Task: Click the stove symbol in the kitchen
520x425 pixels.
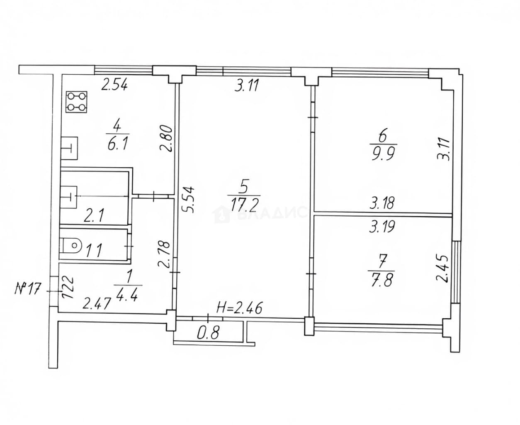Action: pos(76,102)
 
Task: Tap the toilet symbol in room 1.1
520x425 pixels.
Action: pos(70,246)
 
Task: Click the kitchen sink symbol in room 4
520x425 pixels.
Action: pos(69,148)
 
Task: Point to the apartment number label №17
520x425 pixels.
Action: pos(27,289)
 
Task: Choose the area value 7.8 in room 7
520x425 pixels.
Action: pos(381,281)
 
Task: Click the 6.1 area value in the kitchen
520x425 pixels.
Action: pos(118,144)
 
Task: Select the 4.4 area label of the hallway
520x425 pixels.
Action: pos(129,294)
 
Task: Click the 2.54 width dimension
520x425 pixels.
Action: pos(115,85)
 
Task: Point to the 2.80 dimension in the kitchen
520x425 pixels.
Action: pos(165,139)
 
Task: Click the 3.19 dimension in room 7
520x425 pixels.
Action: pos(382,226)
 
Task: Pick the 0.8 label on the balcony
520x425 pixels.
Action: pos(208,333)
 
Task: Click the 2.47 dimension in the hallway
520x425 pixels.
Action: pos(96,303)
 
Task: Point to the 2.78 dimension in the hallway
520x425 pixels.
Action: pos(164,255)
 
